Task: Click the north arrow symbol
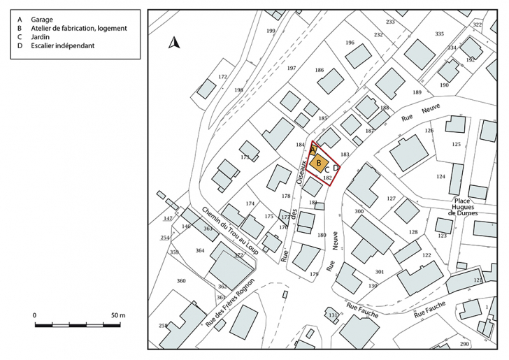(174, 43)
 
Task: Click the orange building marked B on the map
(319, 164)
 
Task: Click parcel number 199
(271, 31)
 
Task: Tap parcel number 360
(181, 281)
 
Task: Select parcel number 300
(359, 211)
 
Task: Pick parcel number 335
(439, 34)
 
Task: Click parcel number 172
(222, 76)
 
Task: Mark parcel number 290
(464, 345)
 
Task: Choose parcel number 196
(350, 43)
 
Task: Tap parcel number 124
(440, 177)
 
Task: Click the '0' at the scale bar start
(35, 316)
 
